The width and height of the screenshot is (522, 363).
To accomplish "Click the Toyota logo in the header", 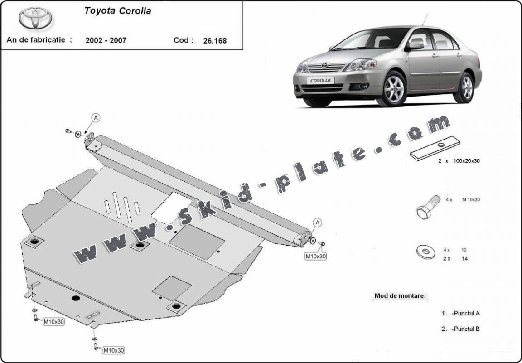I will click(x=35, y=18).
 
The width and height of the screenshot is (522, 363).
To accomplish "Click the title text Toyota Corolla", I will click(x=117, y=11).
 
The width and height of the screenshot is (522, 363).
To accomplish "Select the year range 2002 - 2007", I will click(x=106, y=40).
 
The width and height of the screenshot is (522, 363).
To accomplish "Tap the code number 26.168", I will click(x=215, y=40).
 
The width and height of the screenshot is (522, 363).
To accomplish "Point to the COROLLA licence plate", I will click(x=321, y=81).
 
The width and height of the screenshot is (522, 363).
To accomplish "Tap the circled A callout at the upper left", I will click(x=96, y=118).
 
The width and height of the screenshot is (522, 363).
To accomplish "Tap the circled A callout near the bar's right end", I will click(x=318, y=222).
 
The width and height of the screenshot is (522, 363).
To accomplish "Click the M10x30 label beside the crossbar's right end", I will click(x=315, y=256).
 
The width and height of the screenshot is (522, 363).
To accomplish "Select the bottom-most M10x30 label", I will click(x=113, y=350).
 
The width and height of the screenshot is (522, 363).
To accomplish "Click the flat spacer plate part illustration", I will click(x=435, y=148).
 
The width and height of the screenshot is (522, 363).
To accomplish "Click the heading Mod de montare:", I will click(x=400, y=296).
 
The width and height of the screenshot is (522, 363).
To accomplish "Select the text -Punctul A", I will click(x=465, y=313).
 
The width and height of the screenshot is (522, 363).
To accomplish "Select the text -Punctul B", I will click(x=465, y=329).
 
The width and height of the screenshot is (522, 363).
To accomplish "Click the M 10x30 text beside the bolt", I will click(x=471, y=200).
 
